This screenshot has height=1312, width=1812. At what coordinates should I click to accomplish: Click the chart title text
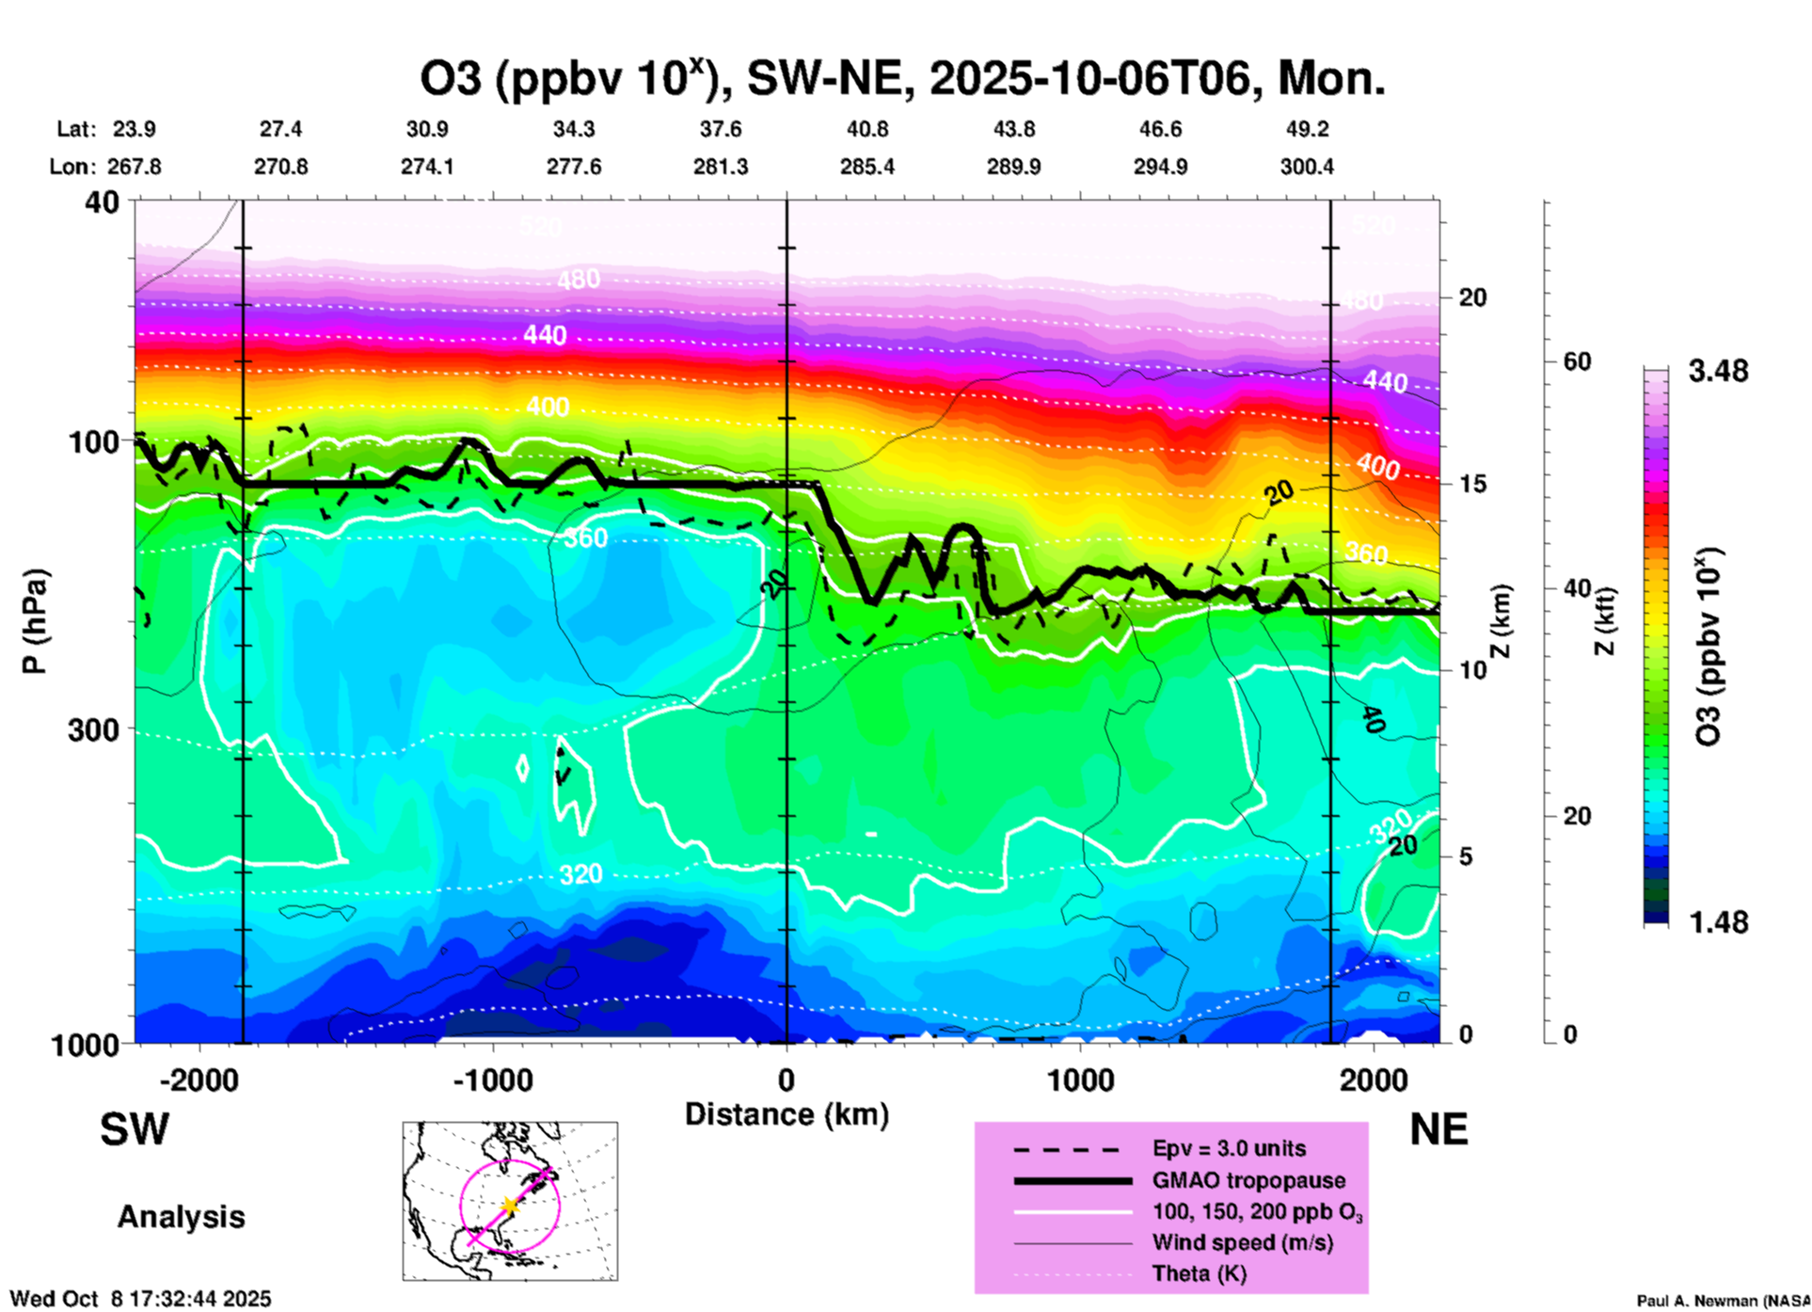(x=901, y=79)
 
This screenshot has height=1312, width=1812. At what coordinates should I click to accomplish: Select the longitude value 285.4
(x=866, y=167)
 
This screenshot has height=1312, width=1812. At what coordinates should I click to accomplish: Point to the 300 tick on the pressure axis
(x=93, y=729)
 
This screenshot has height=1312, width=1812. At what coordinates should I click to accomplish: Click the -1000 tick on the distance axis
(x=492, y=1080)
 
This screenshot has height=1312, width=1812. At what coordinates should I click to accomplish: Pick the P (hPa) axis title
(x=35, y=621)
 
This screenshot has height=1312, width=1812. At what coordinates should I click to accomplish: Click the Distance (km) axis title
(x=787, y=1114)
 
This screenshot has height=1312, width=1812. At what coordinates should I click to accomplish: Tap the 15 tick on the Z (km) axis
(x=1472, y=484)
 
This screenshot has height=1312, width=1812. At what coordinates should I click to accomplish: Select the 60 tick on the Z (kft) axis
(x=1577, y=361)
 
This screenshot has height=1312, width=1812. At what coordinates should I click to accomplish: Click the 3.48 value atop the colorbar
(x=1718, y=372)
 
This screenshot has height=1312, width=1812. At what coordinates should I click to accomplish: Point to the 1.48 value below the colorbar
(x=1718, y=922)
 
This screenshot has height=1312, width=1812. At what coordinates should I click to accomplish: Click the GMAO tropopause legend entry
(x=1248, y=1180)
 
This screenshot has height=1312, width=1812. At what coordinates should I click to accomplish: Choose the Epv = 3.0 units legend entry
(x=1229, y=1148)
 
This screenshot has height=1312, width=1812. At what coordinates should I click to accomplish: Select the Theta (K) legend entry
(x=1199, y=1273)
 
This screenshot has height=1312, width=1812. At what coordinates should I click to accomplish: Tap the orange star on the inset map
(x=510, y=1205)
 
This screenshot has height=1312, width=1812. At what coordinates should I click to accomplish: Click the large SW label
(x=135, y=1129)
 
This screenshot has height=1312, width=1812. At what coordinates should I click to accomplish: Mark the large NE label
(x=1438, y=1129)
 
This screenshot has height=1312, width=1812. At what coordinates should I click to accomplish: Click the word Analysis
(x=181, y=1217)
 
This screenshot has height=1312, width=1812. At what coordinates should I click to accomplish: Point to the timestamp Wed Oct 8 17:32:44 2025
(x=140, y=1299)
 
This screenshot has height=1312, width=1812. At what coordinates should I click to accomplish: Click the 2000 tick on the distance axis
(x=1374, y=1080)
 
